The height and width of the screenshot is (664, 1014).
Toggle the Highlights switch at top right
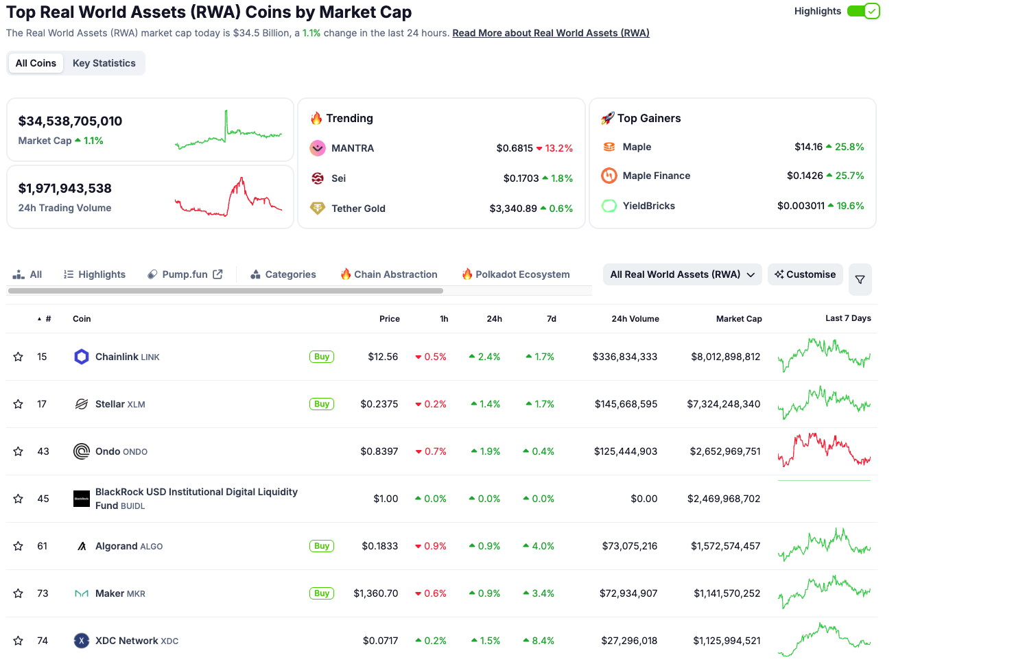pyautogui.click(x=863, y=11)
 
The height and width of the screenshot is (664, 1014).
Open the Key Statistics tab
pyautogui.click(x=104, y=63)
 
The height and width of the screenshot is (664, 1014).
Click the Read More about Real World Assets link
pyautogui.click(x=550, y=33)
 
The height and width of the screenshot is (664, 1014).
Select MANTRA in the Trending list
pyautogui.click(x=353, y=148)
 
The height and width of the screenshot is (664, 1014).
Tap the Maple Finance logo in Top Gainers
pyautogui.click(x=609, y=176)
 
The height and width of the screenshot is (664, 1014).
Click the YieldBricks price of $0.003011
pyautogui.click(x=801, y=206)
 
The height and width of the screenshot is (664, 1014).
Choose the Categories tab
pyautogui.click(x=283, y=274)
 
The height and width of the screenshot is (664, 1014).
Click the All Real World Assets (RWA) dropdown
pyautogui.click(x=682, y=274)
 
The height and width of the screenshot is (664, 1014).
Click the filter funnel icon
pyautogui.click(x=860, y=279)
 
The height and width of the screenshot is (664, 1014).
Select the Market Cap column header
pyautogui.click(x=738, y=319)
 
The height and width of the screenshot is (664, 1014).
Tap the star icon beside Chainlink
pyautogui.click(x=19, y=357)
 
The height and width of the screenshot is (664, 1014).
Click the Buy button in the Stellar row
pyautogui.click(x=322, y=404)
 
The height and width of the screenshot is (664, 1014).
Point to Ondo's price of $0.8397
pyautogui.click(x=379, y=451)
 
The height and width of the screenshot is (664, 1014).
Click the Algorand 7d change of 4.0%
pyautogui.click(x=543, y=546)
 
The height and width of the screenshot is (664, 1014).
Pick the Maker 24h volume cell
pyautogui.click(x=628, y=593)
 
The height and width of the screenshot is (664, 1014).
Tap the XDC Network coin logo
pyautogui.click(x=82, y=641)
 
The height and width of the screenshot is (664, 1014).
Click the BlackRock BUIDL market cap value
pyautogui.click(x=724, y=499)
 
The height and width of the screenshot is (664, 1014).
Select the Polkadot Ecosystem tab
pyautogui.click(x=515, y=274)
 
